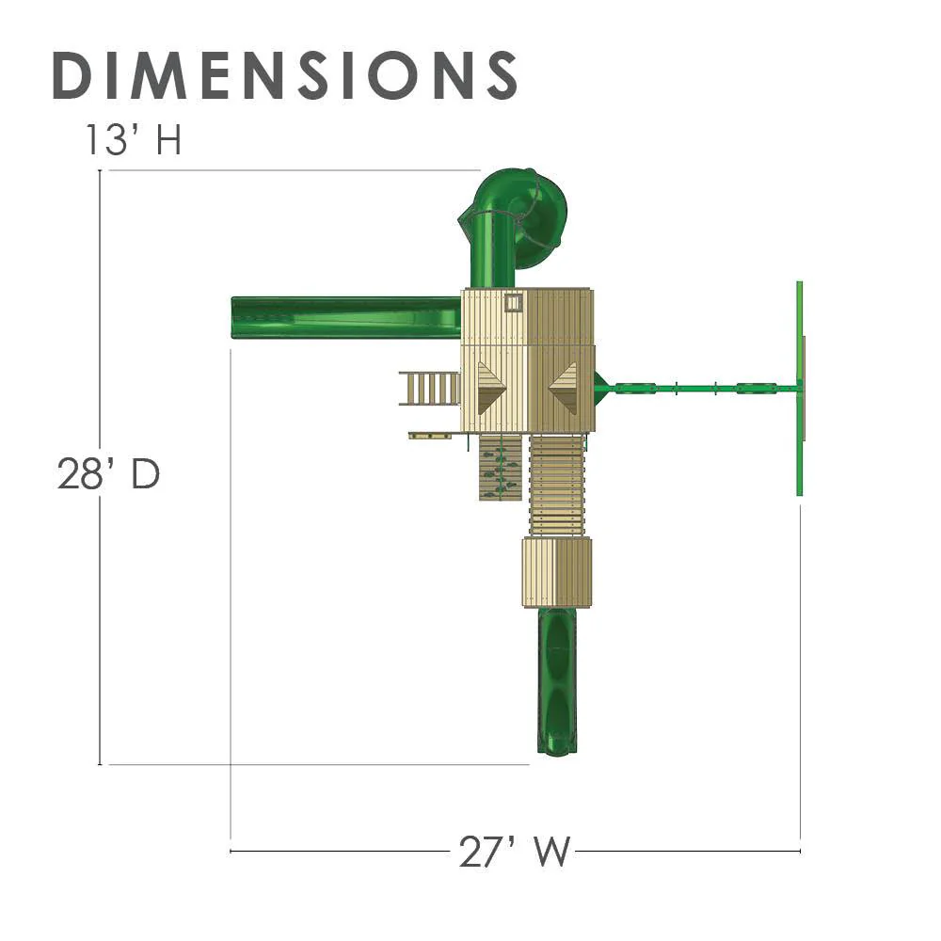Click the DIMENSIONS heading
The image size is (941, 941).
[x=285, y=74]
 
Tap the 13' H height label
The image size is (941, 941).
[x=134, y=140]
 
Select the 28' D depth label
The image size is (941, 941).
[x=108, y=473]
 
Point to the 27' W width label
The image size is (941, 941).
[x=514, y=851]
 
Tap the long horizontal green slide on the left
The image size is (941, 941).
[x=346, y=317]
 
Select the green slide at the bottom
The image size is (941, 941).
[x=557, y=680]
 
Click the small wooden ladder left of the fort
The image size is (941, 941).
[x=430, y=389]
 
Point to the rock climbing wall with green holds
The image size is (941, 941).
[x=500, y=467]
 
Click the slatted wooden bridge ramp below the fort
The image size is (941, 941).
[x=557, y=485]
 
